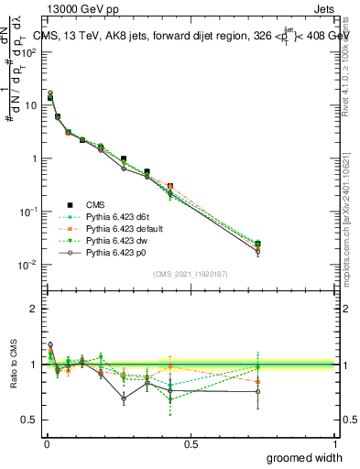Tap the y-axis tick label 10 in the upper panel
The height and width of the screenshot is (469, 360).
[x=31, y=105]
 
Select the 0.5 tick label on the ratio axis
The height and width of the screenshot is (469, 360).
[x=30, y=420]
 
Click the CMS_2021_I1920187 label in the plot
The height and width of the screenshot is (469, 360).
[x=191, y=273]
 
